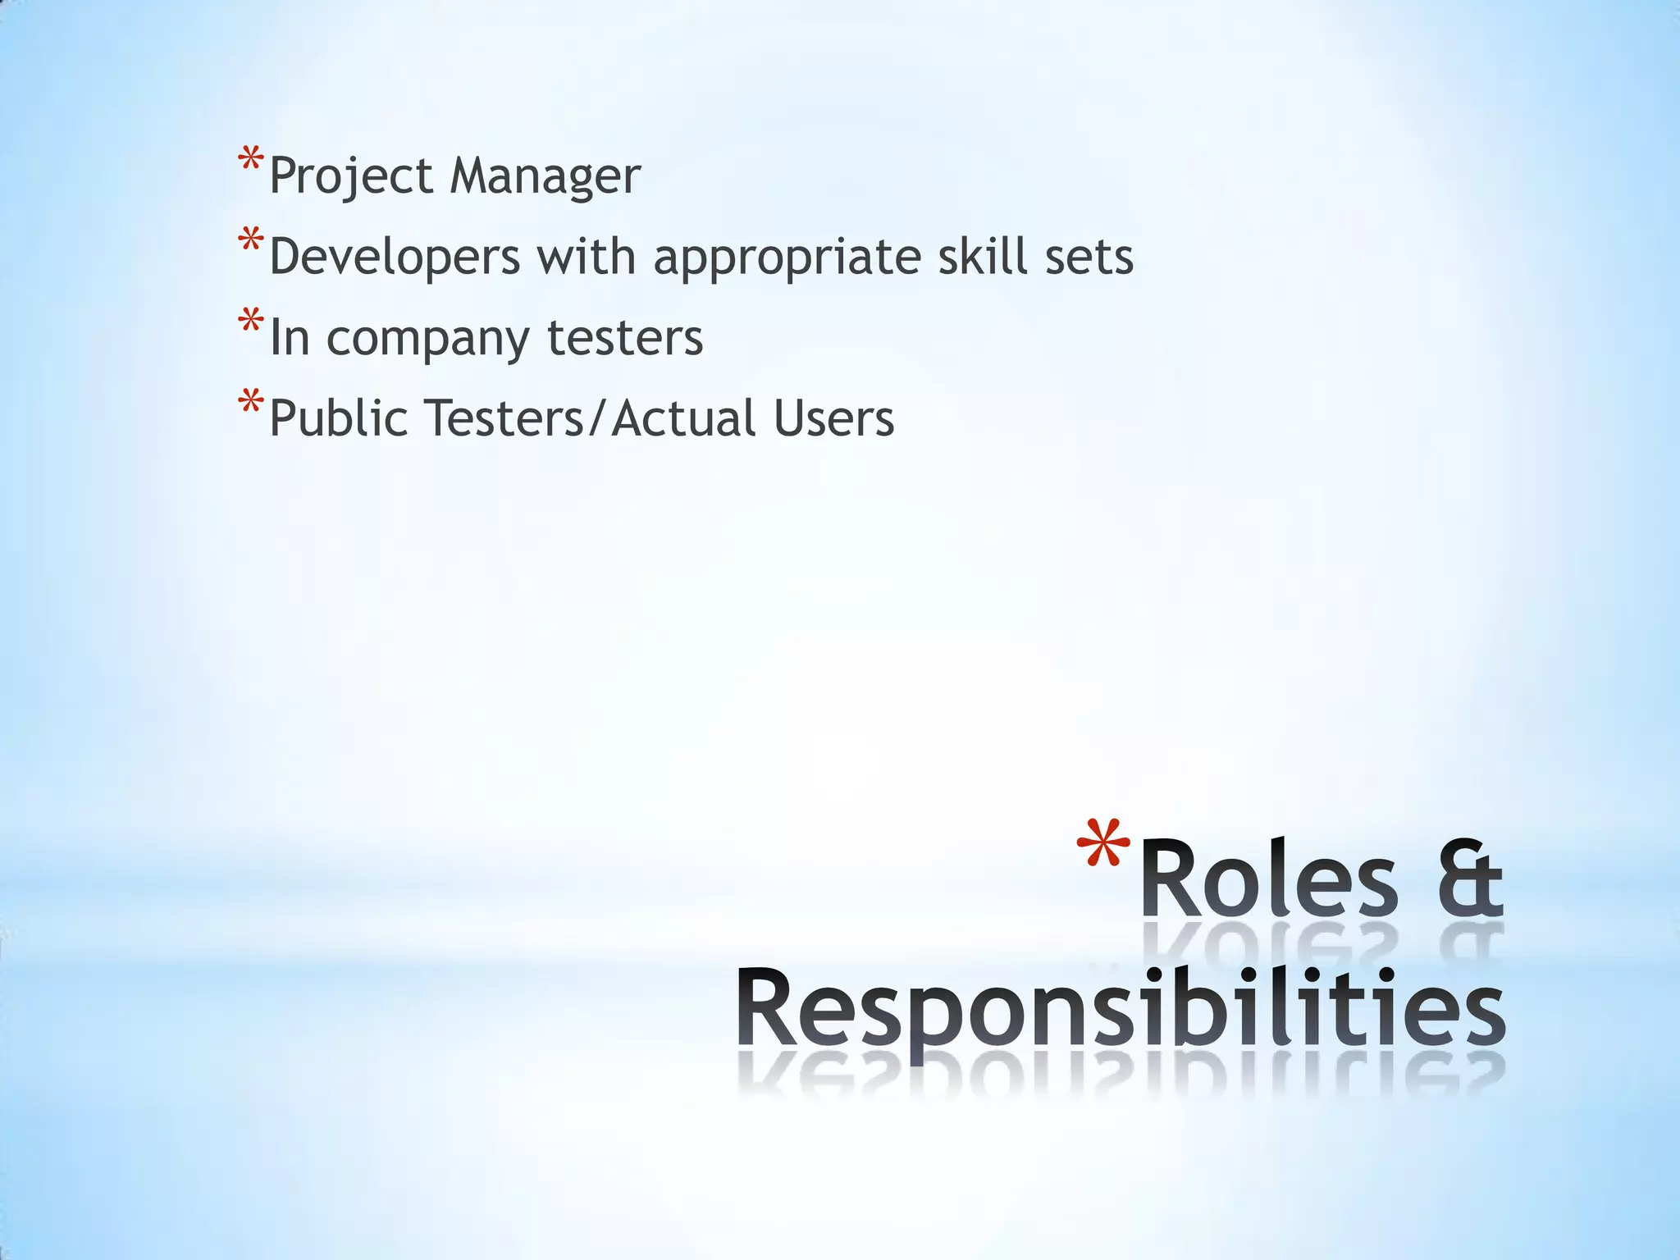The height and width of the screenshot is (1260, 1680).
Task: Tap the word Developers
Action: (x=395, y=257)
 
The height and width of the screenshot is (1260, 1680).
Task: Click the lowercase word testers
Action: (x=625, y=337)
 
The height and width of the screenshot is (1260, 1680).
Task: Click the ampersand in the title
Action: (x=1472, y=879)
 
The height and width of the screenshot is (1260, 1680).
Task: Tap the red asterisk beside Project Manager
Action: (x=251, y=159)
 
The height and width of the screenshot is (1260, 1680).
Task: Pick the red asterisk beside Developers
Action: (x=251, y=240)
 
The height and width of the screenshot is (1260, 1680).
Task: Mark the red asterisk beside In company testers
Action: (x=251, y=321)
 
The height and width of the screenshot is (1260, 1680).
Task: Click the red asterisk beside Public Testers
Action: (x=251, y=402)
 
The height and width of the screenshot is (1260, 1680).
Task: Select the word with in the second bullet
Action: (x=586, y=256)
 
